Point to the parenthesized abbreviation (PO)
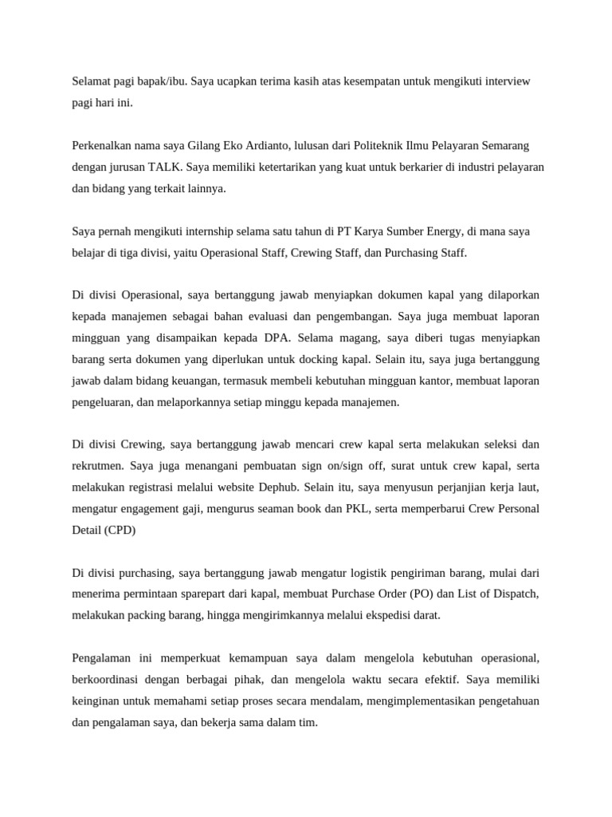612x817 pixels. [423, 594]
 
